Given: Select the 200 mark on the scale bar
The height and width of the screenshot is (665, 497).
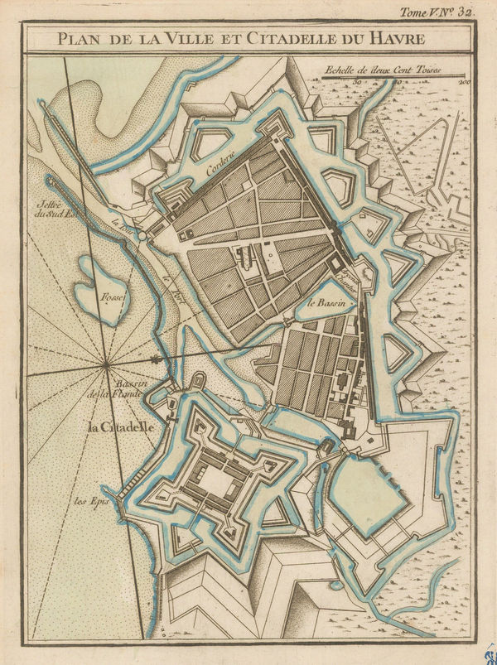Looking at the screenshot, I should (464, 82).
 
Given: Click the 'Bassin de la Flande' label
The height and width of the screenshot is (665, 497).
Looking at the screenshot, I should (131, 390).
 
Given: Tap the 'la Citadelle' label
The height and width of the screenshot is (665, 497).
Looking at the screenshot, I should (121, 427).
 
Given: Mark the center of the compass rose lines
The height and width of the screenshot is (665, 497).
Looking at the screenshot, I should (107, 365).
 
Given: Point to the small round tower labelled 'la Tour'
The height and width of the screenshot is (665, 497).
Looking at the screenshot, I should (142, 236).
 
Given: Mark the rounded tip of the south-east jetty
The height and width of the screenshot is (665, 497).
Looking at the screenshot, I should (49, 180).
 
